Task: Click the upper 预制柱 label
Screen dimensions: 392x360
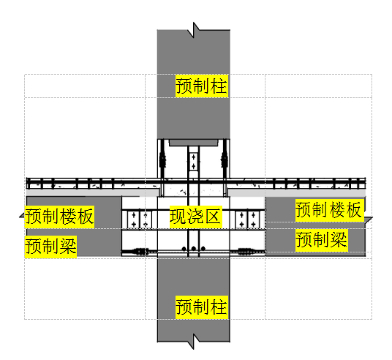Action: (202, 86)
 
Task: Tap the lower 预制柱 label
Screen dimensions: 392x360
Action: (202, 307)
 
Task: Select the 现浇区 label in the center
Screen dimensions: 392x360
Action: (196, 217)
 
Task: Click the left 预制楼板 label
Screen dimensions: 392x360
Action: (59, 217)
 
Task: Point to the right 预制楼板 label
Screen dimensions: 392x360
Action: (330, 210)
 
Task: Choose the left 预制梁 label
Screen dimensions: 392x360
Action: (50, 246)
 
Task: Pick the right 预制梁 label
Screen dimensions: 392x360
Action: (322, 240)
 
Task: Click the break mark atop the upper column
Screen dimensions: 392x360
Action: (194, 30)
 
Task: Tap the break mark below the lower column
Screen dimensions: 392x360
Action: (194, 341)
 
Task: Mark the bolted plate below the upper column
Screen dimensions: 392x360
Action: (194, 162)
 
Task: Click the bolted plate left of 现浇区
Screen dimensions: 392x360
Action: (140, 220)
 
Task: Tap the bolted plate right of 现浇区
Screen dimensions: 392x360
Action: (247, 220)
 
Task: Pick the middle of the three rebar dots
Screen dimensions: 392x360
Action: (194, 249)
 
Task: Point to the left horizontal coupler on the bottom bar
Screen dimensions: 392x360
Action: (140, 251)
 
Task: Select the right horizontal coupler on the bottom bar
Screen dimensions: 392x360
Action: (246, 251)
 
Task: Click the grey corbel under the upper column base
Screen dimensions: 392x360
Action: (194, 143)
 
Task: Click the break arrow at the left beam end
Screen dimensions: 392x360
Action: (23, 215)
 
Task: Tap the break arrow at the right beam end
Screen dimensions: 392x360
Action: (369, 220)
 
